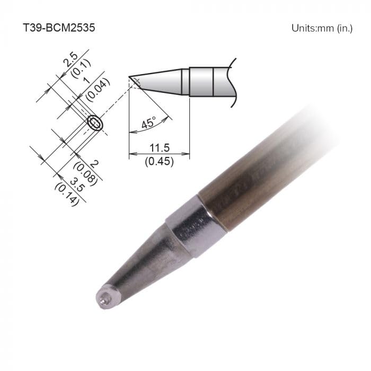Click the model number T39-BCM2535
pos(58,28)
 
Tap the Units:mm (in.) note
pos(322,28)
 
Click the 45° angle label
pos(149,123)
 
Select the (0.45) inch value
pos(159,162)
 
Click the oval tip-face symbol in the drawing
pos(95,123)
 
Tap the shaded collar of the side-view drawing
pos(201,82)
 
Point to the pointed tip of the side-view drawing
pos(130,78)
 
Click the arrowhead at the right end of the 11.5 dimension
pos(187,154)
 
